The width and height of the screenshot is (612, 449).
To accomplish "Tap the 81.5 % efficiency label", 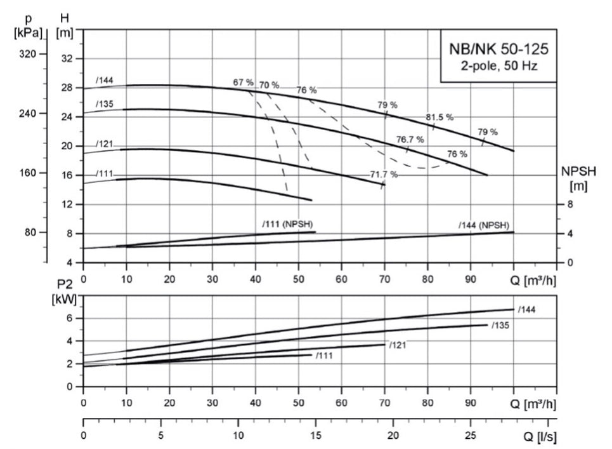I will [439, 117].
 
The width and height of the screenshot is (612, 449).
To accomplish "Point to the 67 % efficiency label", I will [243, 83].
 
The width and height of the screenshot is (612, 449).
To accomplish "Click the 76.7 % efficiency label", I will [410, 140].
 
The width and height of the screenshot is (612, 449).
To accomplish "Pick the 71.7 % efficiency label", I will [384, 174].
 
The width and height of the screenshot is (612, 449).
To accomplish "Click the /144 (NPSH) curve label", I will [483, 225].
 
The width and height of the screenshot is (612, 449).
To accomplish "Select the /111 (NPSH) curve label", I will [287, 224].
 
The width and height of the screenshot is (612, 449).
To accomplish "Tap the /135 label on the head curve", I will [105, 104].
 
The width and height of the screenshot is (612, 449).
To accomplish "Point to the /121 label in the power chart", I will [397, 345].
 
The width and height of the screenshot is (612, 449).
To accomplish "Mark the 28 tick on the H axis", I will [68, 88].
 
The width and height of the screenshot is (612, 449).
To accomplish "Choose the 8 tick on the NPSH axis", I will [570, 204].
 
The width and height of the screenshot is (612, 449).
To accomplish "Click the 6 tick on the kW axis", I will [70, 318].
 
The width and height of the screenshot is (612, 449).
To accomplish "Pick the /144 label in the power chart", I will [528, 310].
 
